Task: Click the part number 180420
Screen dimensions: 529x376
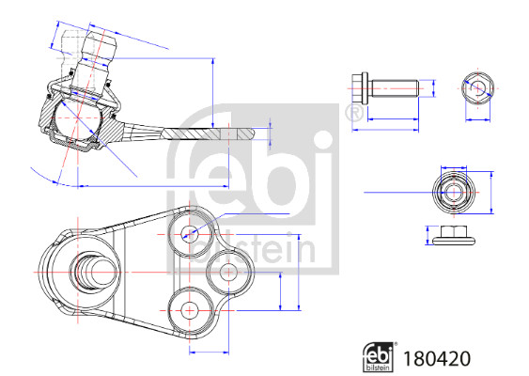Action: point(437,358)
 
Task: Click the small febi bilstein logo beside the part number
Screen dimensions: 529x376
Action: point(380,357)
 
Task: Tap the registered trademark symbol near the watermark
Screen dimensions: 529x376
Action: point(354,114)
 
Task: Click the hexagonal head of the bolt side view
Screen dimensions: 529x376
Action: point(359,88)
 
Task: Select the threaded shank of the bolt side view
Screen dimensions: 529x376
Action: point(395,88)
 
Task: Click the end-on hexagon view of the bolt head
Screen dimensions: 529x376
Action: point(477,88)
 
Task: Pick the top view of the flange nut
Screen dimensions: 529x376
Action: point(454,193)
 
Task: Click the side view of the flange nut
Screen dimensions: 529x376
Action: point(454,235)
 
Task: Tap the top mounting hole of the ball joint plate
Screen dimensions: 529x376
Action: point(189,233)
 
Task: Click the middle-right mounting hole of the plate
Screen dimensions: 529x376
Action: point(228,272)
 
